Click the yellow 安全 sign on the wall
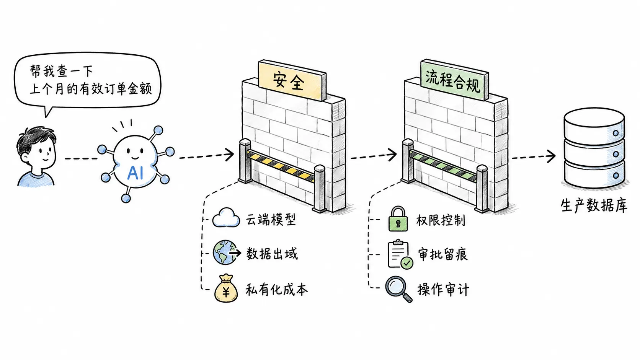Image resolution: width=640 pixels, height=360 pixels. click(x=292, y=80)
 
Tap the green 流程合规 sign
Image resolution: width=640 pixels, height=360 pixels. click(x=455, y=80)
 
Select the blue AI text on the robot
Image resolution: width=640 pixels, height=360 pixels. click(x=135, y=173)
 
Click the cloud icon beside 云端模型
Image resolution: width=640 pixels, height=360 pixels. click(x=226, y=218)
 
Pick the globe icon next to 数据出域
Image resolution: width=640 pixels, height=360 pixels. click(x=225, y=252)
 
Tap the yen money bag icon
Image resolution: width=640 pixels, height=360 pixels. click(x=226, y=288)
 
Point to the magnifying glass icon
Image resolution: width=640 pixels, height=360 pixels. click(x=398, y=289)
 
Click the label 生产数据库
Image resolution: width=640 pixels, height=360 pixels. click(x=594, y=205)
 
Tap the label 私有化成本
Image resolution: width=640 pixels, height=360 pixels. click(x=277, y=290)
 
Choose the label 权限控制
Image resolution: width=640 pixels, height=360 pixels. click(x=441, y=220)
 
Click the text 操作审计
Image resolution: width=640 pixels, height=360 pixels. click(x=443, y=290)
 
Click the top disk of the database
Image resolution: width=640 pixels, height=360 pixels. click(x=594, y=125)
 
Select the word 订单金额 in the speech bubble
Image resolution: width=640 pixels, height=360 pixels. click(x=127, y=89)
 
